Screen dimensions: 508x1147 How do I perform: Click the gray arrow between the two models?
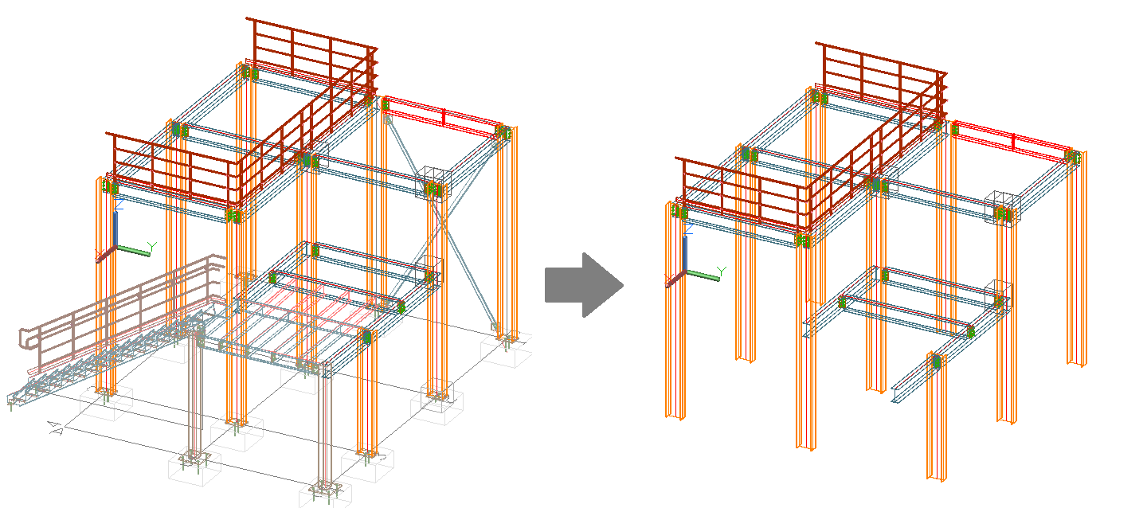(x=582, y=284)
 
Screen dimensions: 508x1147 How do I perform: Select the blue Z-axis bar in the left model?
(x=116, y=229)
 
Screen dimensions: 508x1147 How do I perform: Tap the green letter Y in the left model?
(x=152, y=246)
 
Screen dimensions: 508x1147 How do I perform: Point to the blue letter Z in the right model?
(x=687, y=233)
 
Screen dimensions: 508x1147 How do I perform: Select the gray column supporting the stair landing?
(x=194, y=398)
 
